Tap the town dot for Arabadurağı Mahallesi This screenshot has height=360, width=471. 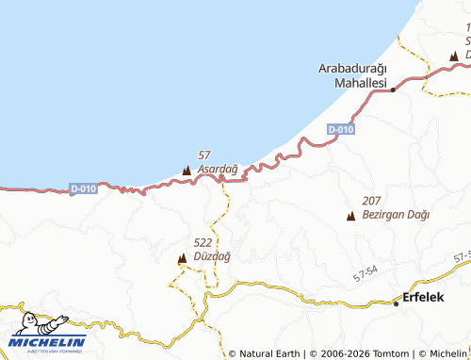[x=393, y=90]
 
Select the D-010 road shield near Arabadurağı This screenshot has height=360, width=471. [x=341, y=128]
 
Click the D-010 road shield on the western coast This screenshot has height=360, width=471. [x=84, y=188]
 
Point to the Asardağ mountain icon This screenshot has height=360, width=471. [x=186, y=171]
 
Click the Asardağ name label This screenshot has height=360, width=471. [x=219, y=169]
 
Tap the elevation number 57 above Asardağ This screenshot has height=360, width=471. [x=204, y=155]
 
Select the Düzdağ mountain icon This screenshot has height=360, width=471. [x=182, y=257]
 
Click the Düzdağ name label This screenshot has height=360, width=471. [x=211, y=256]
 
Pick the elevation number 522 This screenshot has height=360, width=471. [x=202, y=242]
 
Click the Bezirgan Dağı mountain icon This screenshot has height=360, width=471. [x=351, y=216]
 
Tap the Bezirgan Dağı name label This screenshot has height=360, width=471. [x=396, y=215]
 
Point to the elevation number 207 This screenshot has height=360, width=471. [x=372, y=201]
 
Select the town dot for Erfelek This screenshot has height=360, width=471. [x=396, y=303]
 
